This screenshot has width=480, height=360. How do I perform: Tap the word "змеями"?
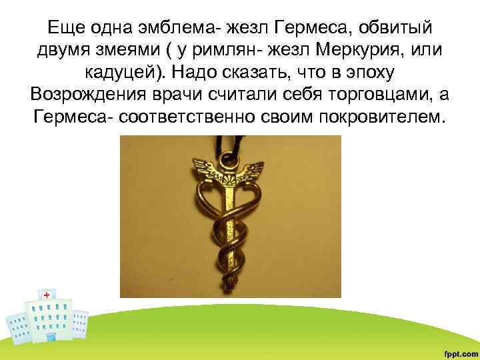(x=127, y=51)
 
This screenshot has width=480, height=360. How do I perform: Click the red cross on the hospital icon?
(x=47, y=295)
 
